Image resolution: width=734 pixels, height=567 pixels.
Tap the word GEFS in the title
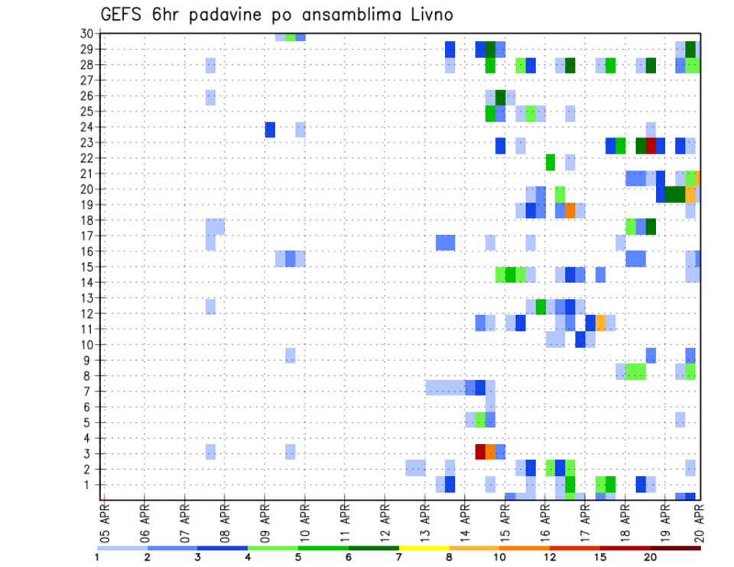pos(122,14)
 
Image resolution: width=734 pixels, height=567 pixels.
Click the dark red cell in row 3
pos(480,452)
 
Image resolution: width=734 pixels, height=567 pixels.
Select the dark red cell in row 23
pos(651,145)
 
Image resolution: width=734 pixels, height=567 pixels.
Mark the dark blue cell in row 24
pos(270,130)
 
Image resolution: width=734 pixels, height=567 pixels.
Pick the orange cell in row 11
pos(600,322)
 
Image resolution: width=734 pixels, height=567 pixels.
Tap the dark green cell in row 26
pos(500,97)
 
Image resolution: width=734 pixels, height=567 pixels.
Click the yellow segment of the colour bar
pos(424,547)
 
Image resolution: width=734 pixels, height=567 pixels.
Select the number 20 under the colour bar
pos(651,558)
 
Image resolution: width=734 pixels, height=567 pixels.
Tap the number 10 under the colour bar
pos(499,558)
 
